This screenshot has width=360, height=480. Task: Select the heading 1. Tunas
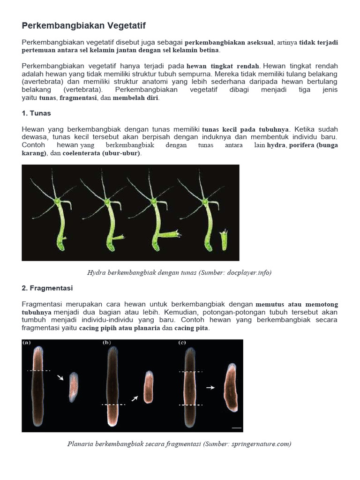coord(36,113)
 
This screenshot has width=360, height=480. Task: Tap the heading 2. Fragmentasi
coord(47,288)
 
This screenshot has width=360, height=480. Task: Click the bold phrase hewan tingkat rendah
coord(223,66)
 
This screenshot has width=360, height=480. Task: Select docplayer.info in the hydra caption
coord(250,272)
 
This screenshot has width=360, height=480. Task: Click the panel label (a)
coord(27,343)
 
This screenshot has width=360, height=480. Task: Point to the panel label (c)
coord(182,343)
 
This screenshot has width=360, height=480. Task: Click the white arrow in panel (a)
coord(60,377)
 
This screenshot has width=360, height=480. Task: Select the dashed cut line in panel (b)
coord(113,404)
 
